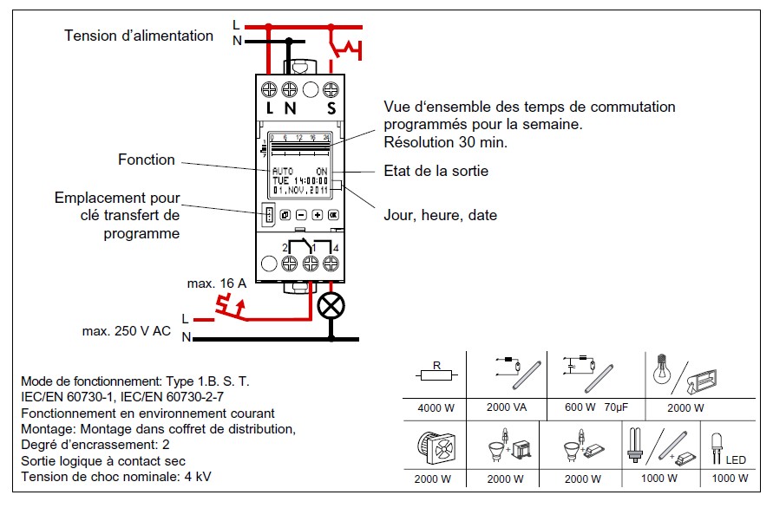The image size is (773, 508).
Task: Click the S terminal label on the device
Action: [331, 109]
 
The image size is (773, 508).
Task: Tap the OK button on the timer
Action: [332, 214]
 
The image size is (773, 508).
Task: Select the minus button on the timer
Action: [301, 214]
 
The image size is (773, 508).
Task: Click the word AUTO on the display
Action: [282, 171]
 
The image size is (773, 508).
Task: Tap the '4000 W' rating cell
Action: [435, 407]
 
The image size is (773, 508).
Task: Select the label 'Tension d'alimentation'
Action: [139, 36]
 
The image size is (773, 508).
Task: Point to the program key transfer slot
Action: [269, 214]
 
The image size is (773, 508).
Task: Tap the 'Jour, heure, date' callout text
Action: [440, 215]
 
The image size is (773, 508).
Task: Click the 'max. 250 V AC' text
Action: [127, 331]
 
